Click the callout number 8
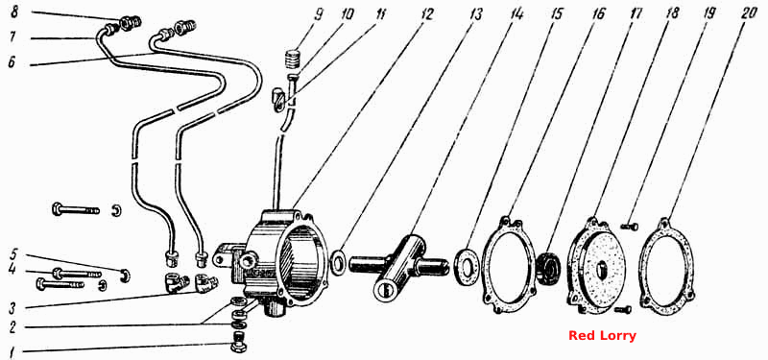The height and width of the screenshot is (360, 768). (14, 12)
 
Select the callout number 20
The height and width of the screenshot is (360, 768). (750, 13)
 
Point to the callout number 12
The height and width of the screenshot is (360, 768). (426, 13)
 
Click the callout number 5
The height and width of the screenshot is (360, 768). (14, 254)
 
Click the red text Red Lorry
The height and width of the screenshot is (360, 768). (602, 336)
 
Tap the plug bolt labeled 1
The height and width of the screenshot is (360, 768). (238, 342)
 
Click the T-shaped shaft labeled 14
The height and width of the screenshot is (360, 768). (397, 266)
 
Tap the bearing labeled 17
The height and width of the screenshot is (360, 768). (549, 271)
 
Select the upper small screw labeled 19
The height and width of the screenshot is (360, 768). (631, 227)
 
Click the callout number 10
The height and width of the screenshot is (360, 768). (347, 14)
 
